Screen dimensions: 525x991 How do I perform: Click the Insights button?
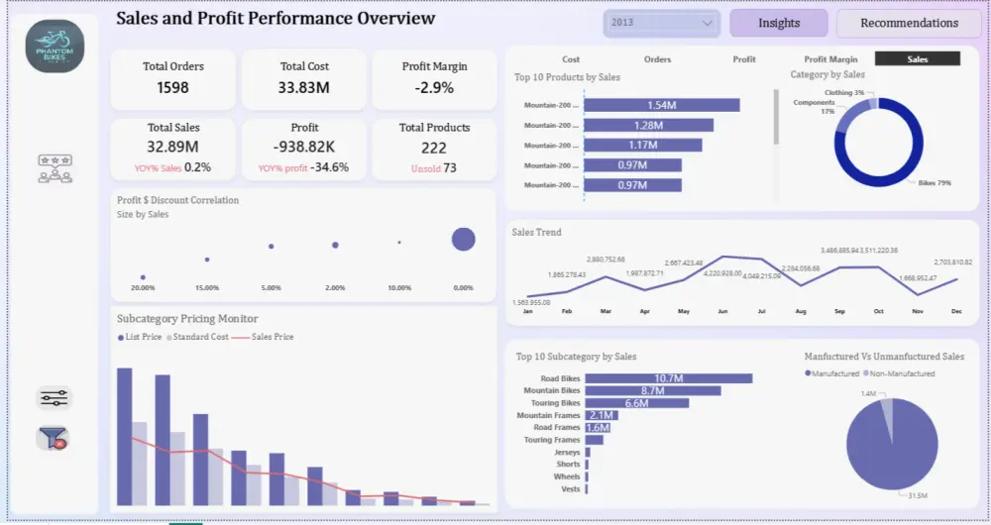(x=779, y=23)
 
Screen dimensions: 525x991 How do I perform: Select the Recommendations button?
(x=909, y=23)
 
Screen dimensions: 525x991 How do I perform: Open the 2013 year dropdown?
(x=662, y=23)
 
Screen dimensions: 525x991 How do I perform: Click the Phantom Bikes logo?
(x=55, y=46)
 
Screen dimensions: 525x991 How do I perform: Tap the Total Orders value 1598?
(x=172, y=88)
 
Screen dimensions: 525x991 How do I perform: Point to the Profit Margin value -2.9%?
(x=434, y=88)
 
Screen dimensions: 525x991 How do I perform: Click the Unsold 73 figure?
(x=434, y=168)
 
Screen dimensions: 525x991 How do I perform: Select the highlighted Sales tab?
(x=918, y=59)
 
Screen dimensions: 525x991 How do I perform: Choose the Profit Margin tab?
(x=830, y=59)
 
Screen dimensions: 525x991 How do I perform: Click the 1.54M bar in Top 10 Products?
(x=661, y=105)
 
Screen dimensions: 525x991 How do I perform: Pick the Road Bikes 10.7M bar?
(x=669, y=378)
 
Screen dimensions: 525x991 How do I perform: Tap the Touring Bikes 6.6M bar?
(x=637, y=403)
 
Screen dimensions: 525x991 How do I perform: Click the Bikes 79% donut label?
(x=935, y=183)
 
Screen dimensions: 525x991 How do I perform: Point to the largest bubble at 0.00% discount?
(x=463, y=239)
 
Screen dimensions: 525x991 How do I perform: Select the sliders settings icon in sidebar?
(x=55, y=398)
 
